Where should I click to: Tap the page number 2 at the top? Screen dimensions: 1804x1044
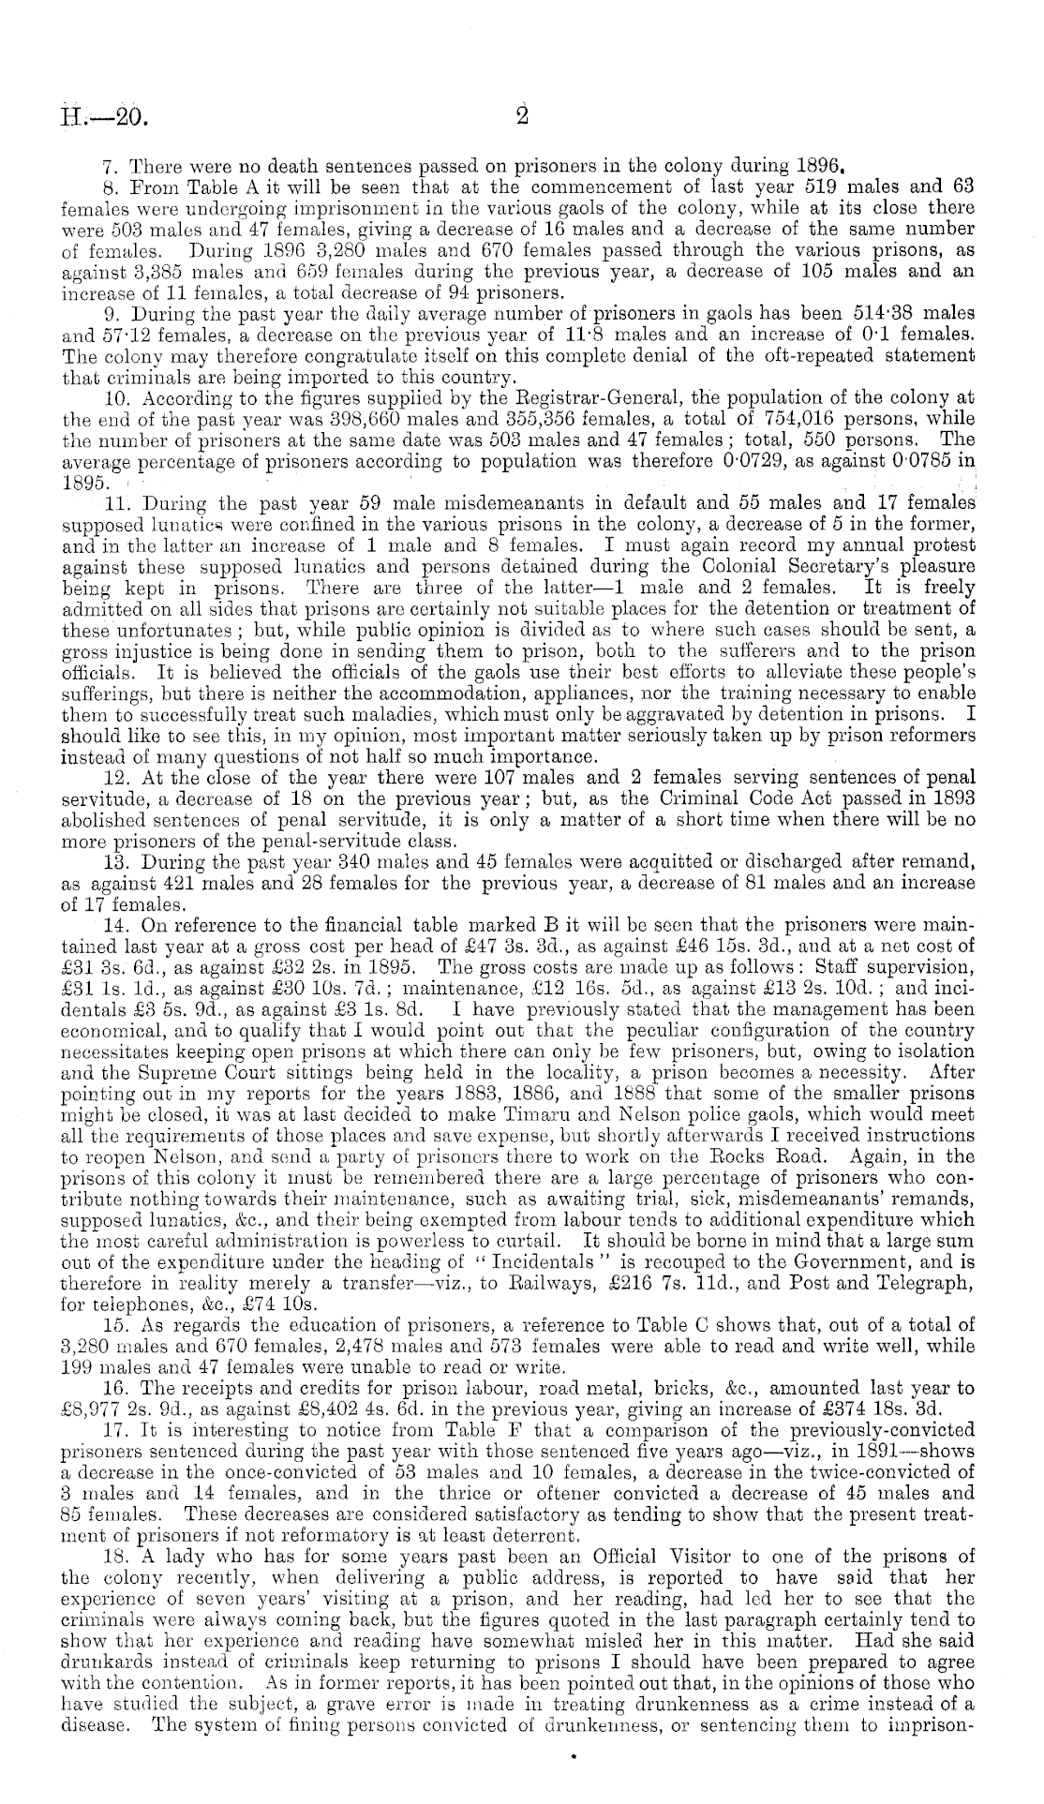(522, 116)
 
